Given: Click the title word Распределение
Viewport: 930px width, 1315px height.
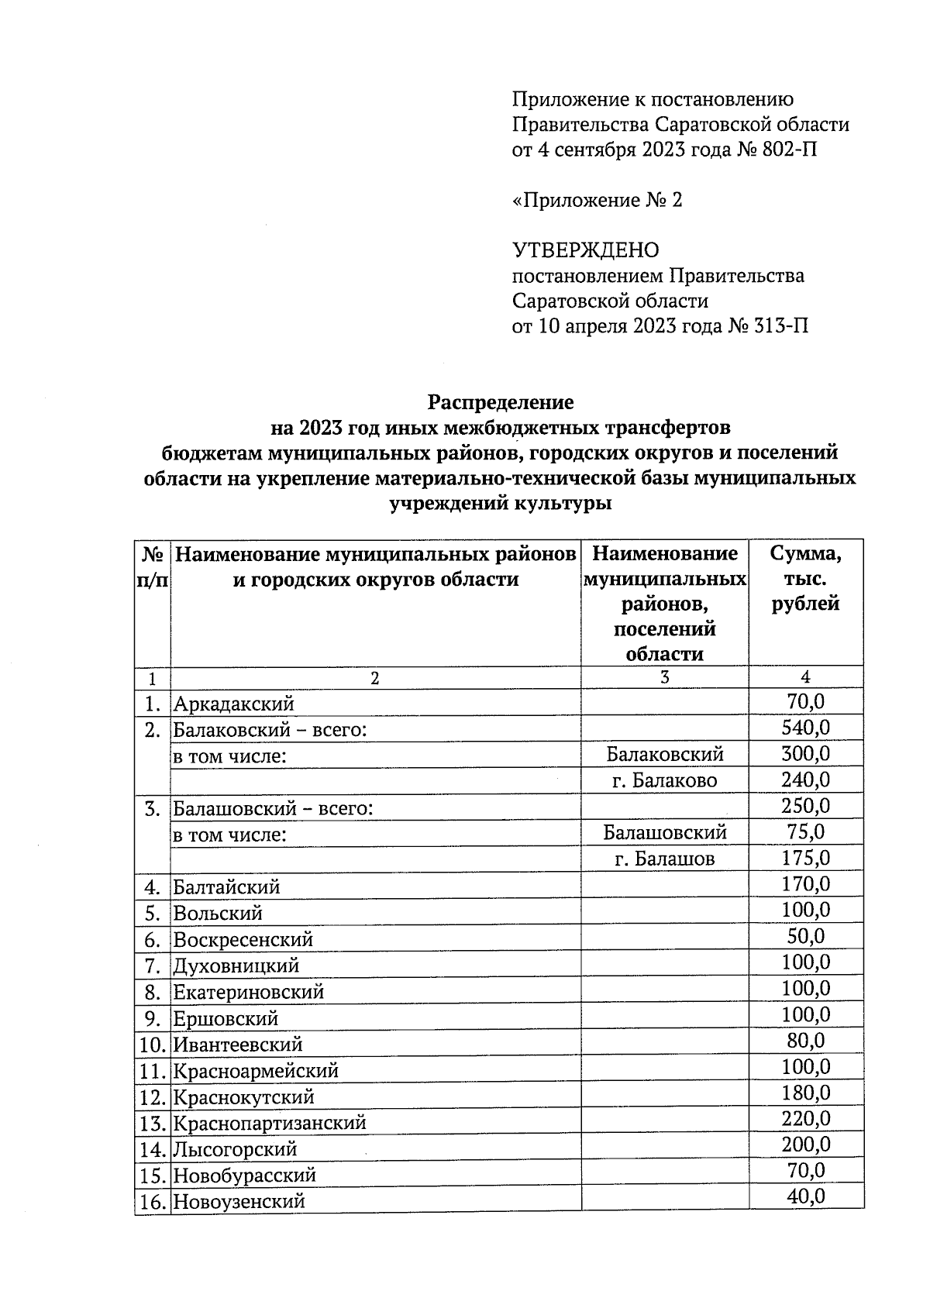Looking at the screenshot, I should click(501, 402).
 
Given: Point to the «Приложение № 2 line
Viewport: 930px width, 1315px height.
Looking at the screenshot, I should click(597, 201).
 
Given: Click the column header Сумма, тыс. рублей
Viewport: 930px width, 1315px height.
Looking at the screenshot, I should click(805, 578).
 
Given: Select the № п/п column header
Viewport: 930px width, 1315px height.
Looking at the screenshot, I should click(152, 566).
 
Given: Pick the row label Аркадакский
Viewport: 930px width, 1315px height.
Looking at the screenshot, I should click(233, 704).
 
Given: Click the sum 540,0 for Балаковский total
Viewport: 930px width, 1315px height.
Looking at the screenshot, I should click(805, 728).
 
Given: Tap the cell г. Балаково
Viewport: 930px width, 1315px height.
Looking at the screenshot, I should click(664, 780).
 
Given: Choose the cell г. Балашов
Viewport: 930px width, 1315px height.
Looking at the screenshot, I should click(664, 859).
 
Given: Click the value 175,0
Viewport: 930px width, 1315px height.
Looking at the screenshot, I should click(805, 858).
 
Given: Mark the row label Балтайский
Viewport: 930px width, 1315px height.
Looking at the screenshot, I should click(226, 886).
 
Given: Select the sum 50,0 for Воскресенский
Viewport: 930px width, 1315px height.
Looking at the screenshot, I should click(805, 937).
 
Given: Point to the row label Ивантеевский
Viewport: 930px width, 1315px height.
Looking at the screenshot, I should click(237, 1045).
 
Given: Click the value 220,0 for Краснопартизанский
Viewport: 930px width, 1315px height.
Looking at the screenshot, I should click(805, 1119).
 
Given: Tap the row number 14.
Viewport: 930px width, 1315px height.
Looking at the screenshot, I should click(153, 1149).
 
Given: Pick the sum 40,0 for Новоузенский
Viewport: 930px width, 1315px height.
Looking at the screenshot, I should click(805, 1197).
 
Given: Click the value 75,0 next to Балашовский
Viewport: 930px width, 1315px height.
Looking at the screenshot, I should click(805, 832).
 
